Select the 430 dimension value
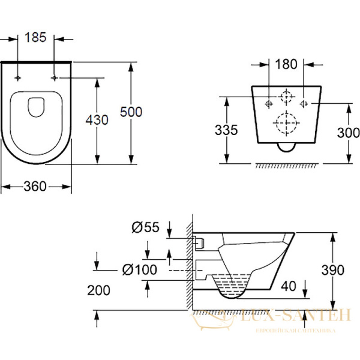point(96,119)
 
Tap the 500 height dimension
point(131,111)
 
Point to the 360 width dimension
point(36,187)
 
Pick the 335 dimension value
point(226,129)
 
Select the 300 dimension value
point(348,133)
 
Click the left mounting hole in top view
point(19,78)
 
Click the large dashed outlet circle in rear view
point(286,123)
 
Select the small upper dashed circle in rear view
point(287,97)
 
